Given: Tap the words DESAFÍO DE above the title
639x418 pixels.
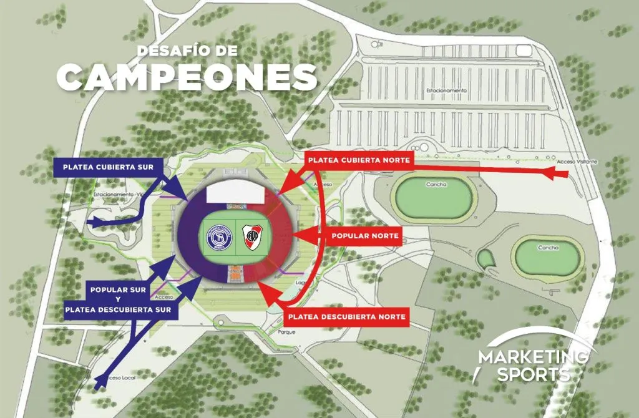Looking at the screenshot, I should (x=187, y=51).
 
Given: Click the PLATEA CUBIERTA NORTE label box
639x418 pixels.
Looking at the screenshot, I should (x=359, y=160).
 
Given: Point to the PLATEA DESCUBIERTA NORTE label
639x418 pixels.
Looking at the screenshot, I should (x=347, y=317).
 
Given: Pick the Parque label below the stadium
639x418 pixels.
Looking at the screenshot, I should (x=287, y=333).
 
